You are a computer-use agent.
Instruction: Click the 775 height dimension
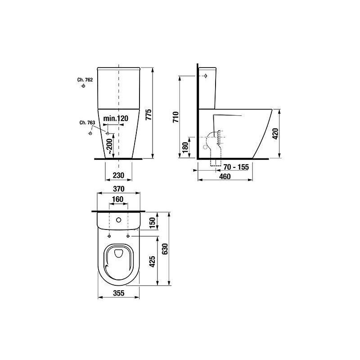[x=149, y=114]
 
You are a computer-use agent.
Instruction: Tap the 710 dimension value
[x=175, y=117]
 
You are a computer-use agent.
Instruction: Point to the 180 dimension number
[x=185, y=148]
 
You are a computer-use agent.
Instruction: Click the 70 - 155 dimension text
[x=236, y=167]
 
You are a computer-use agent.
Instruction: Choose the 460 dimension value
[x=225, y=176]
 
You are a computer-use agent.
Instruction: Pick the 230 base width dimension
[x=118, y=175]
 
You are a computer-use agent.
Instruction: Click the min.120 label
[x=116, y=118]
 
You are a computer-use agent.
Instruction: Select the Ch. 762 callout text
[x=85, y=80]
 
